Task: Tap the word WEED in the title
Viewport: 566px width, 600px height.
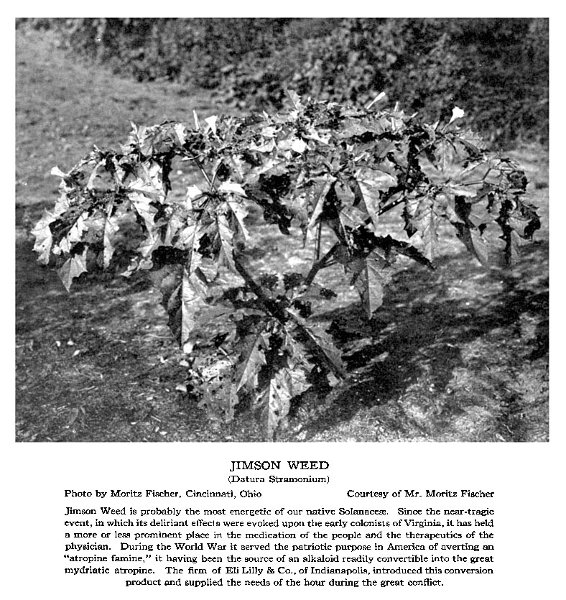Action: tap(307, 466)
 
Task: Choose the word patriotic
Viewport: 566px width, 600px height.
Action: tap(279, 547)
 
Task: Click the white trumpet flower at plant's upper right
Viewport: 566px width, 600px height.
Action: tap(456, 114)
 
